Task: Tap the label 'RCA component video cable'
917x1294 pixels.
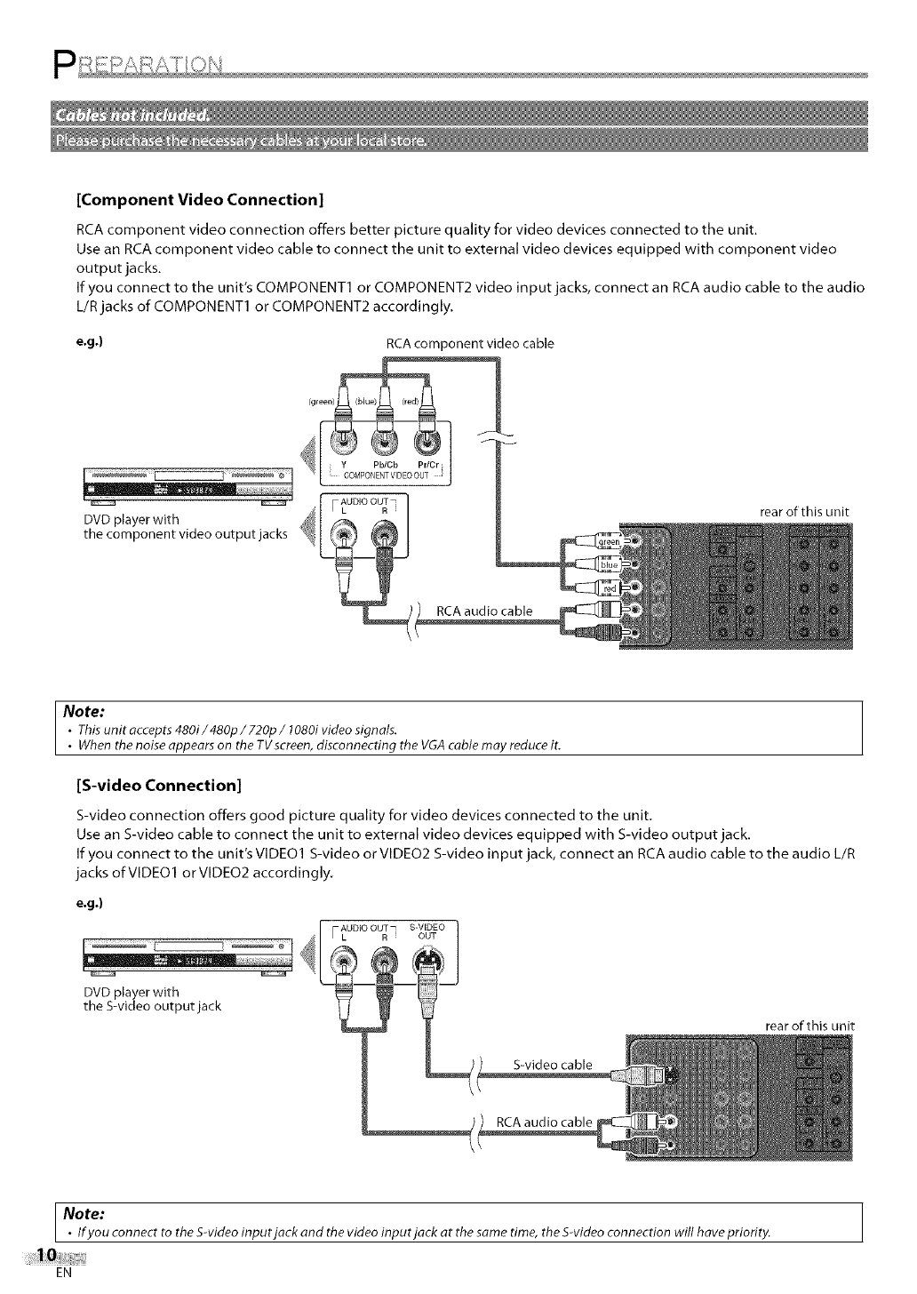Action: tap(470, 343)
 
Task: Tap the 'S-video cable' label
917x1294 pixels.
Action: tap(553, 1065)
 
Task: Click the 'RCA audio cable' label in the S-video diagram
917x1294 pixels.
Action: tap(543, 1122)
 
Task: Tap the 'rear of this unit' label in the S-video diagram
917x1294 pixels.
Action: tap(809, 1026)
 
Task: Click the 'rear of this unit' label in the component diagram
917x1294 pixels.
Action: tap(805, 512)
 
